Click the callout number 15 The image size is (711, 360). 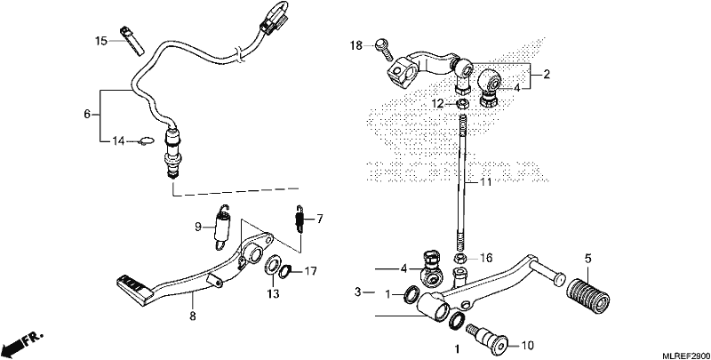click(101, 41)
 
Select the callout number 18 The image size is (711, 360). click(356, 45)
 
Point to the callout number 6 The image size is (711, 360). click(87, 115)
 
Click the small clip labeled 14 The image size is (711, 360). click(144, 142)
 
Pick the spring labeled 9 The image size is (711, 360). click(222, 227)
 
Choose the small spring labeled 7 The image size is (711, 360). click(300, 220)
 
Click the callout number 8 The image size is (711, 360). click(193, 316)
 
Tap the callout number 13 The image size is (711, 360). click(273, 294)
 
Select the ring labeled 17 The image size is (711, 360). click(284, 272)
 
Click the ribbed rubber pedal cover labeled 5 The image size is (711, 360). click(588, 295)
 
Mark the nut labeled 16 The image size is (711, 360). click(460, 259)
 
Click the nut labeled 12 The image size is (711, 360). click(461, 103)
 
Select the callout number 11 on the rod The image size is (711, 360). click(485, 183)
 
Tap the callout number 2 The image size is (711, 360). click(547, 75)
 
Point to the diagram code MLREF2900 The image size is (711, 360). click(684, 355)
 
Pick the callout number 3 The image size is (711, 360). click(358, 292)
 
